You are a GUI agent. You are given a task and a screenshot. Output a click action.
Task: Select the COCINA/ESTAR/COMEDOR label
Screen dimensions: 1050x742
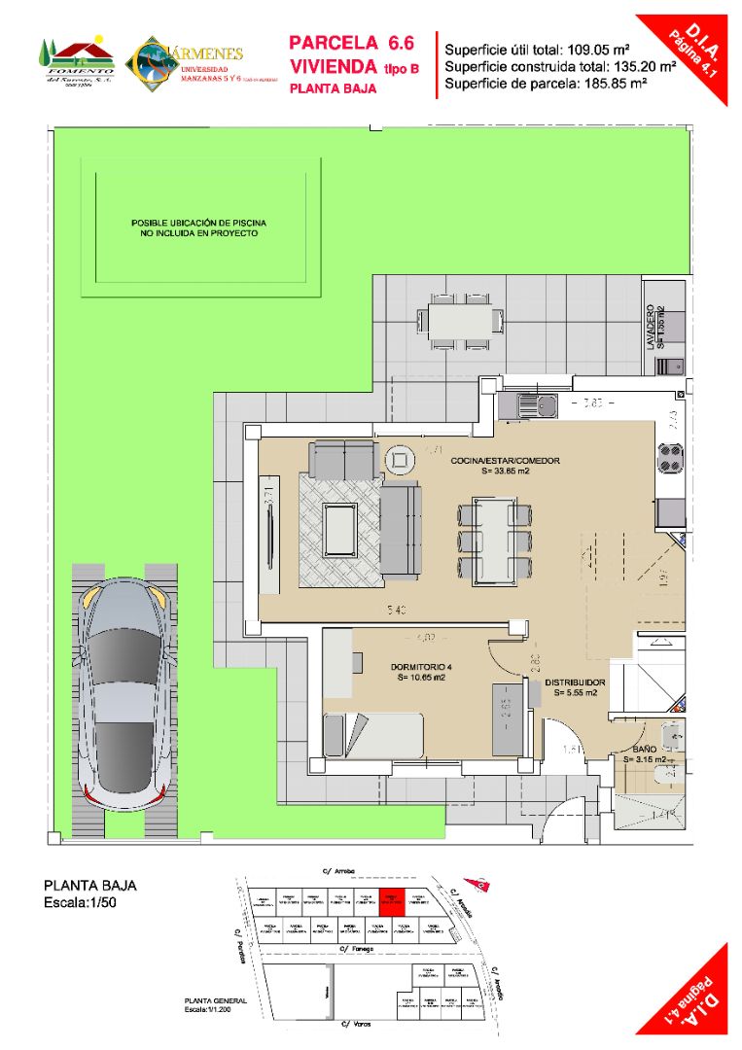pyautogui.click(x=505, y=461)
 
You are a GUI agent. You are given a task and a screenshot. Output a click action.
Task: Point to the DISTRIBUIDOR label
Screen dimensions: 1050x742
pyautogui.click(x=575, y=682)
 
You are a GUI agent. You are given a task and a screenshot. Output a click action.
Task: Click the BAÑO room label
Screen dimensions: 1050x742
pyautogui.click(x=642, y=751)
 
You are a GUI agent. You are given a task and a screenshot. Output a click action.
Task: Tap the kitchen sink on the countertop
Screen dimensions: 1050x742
pyautogui.click(x=534, y=401)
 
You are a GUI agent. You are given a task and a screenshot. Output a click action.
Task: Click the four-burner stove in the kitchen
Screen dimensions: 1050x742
pyautogui.click(x=670, y=457)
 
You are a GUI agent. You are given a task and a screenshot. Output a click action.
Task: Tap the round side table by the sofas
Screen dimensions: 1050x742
pyautogui.click(x=399, y=458)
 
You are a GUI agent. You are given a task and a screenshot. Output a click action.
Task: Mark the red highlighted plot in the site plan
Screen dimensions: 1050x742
pyautogui.click(x=390, y=903)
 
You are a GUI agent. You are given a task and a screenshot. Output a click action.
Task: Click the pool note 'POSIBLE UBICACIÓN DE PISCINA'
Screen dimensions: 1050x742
pyautogui.click(x=199, y=223)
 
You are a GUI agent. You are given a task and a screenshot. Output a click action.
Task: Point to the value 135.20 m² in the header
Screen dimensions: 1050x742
pyautogui.click(x=641, y=66)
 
